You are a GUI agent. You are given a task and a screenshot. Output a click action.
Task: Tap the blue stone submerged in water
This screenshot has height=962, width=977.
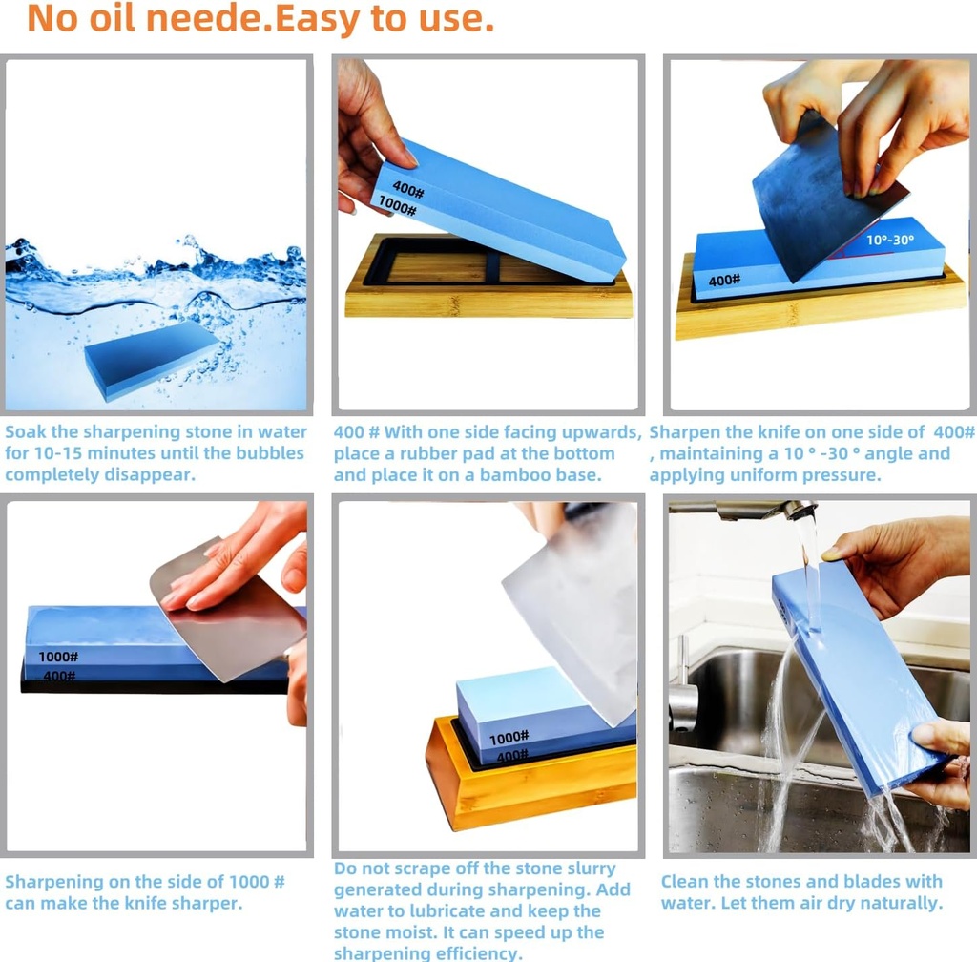click(x=152, y=358)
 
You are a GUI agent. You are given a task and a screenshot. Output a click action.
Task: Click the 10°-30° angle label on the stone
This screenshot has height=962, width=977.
click(x=888, y=241)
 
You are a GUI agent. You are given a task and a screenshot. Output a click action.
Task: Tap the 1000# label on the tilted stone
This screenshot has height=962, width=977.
click(x=397, y=205)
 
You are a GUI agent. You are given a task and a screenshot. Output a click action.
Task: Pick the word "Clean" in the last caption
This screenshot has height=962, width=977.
click(x=686, y=881)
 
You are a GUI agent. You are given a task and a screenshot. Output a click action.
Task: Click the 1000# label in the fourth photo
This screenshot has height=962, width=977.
click(x=59, y=657)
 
